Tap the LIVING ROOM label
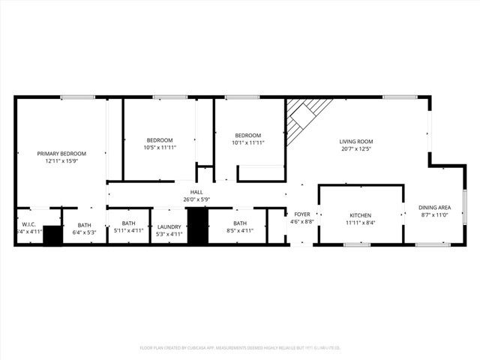pos(355,141)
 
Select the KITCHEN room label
pos(361,214)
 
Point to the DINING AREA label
pos(433,207)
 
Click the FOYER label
pos(302,214)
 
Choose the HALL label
pos(196,192)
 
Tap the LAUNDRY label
pos(169,226)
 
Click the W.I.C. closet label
pos(29,223)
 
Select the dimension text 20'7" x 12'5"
pos(355,148)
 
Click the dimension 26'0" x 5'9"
pos(196,199)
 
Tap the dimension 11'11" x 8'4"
pos(361,222)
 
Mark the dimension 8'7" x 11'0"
pos(433,214)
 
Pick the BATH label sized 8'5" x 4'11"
pos(240,223)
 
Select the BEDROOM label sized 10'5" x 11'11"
pos(160,139)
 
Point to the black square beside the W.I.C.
pos(52,235)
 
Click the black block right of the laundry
pos(196,226)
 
